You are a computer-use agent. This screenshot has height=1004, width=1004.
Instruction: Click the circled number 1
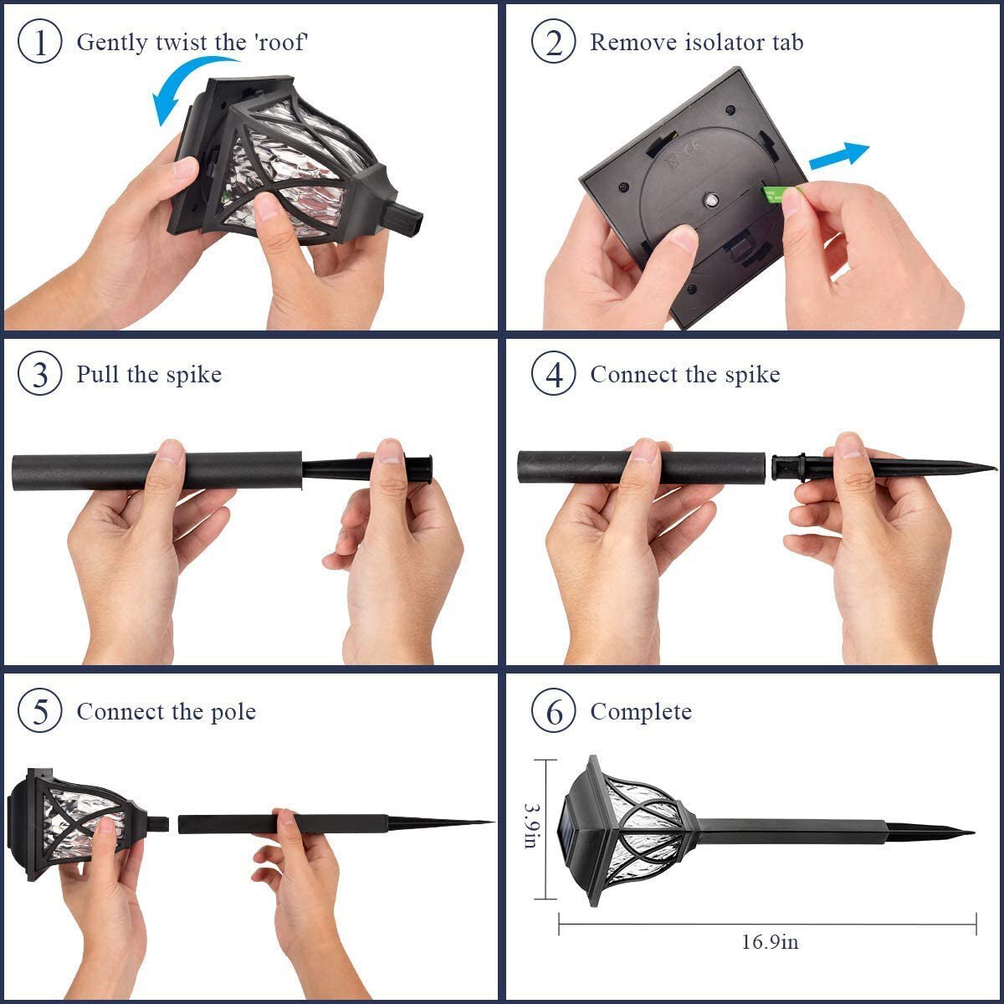39,42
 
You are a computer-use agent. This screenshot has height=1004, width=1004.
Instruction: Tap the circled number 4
553,374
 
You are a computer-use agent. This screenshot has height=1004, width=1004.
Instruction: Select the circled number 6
553,712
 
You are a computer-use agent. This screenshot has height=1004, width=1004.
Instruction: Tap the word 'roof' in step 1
282,42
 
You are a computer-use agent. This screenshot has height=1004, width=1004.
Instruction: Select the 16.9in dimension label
770,942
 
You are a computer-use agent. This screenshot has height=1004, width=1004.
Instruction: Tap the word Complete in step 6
641,712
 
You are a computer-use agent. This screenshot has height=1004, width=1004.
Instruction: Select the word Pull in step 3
98,374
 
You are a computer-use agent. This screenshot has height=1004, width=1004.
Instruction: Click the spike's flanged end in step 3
428,468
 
